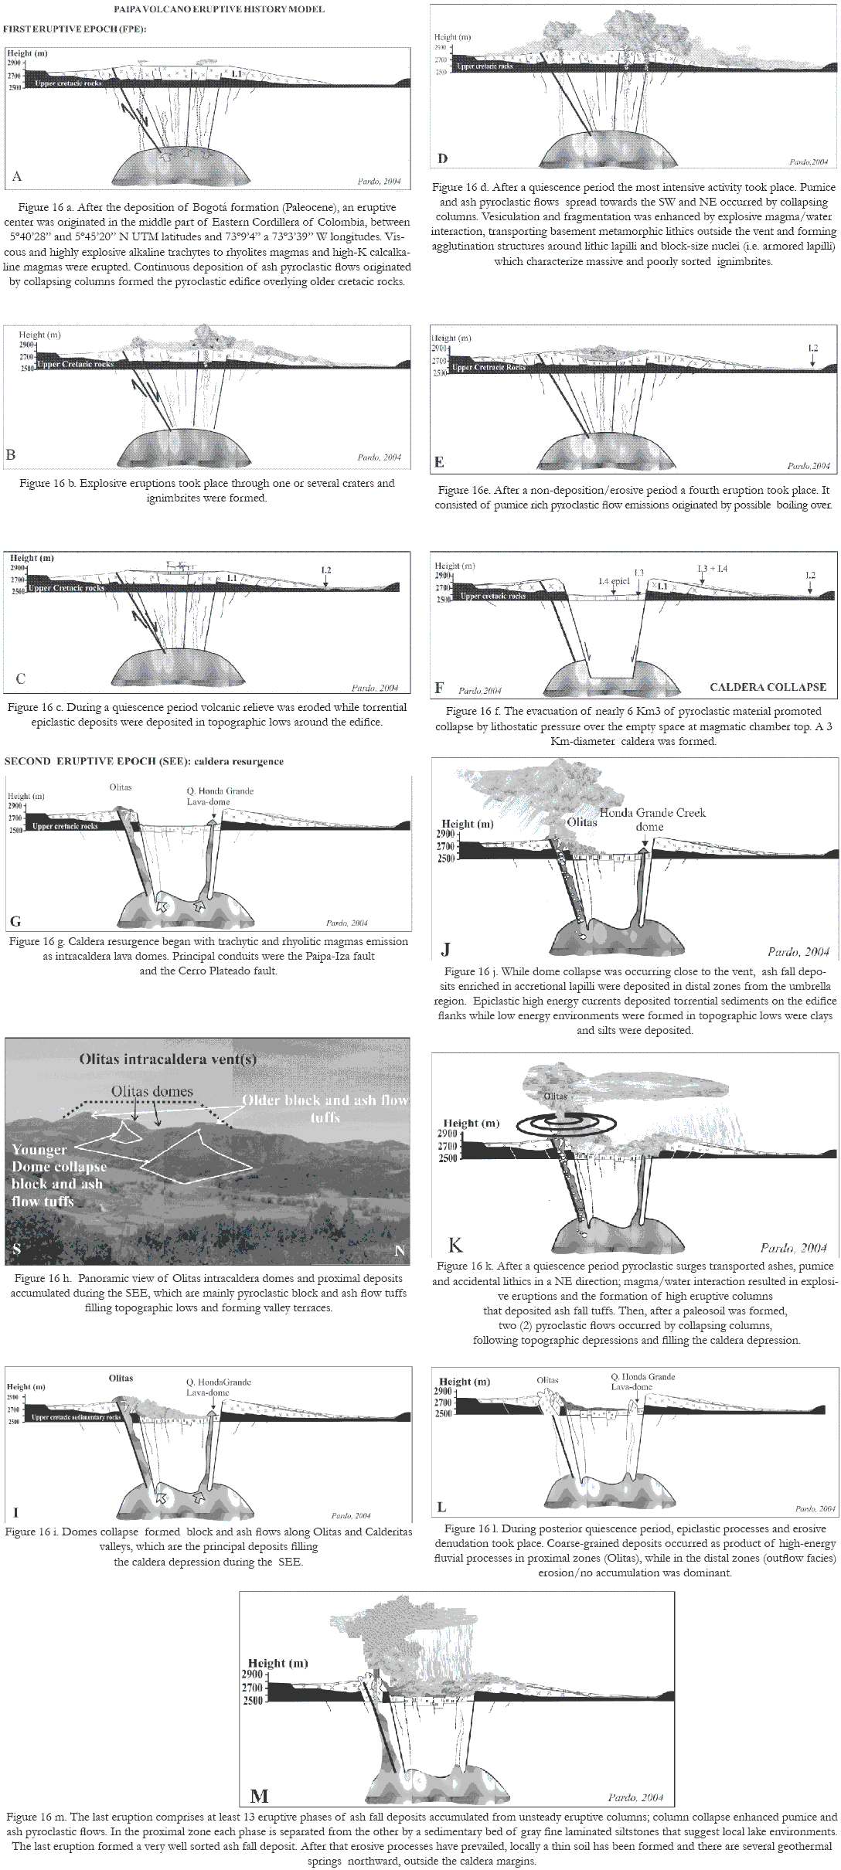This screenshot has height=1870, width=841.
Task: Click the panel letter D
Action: pyautogui.click(x=443, y=159)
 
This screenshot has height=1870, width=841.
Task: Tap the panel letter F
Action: pyautogui.click(x=440, y=686)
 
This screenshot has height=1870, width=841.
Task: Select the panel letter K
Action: pyautogui.click(x=456, y=1245)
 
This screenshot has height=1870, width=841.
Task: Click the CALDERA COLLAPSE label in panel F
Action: pyautogui.click(x=768, y=687)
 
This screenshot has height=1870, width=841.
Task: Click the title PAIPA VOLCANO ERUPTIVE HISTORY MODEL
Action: pyautogui.click(x=219, y=9)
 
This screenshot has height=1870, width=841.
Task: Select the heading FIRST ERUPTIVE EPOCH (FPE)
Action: pyautogui.click(x=75, y=29)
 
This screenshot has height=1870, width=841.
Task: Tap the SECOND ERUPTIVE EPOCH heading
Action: pyautogui.click(x=144, y=761)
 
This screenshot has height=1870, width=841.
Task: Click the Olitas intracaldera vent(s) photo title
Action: pyautogui.click(x=168, y=1059)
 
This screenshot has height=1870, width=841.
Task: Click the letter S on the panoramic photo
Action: pyautogui.click(x=17, y=1249)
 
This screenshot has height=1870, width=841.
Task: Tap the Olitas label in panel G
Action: pyautogui.click(x=121, y=787)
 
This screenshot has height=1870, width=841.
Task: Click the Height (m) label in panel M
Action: pyautogui.click(x=277, y=1663)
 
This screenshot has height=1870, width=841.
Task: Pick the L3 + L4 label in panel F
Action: pyautogui.click(x=712, y=569)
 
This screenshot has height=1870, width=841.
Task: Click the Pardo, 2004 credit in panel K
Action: pyautogui.click(x=794, y=1247)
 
